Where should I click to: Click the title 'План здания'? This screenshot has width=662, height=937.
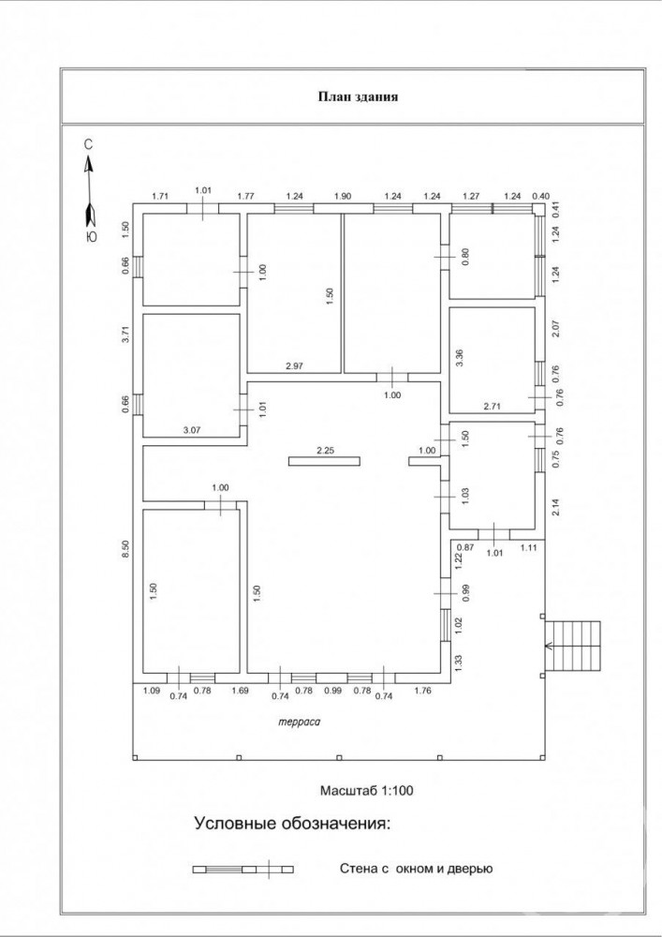[358, 97]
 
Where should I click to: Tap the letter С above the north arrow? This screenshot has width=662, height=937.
[88, 144]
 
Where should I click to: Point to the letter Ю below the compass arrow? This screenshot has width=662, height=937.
[91, 237]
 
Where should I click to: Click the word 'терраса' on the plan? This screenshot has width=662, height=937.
[300, 721]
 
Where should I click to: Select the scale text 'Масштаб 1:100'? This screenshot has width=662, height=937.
[366, 791]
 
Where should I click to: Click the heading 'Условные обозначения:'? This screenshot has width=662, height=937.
[292, 824]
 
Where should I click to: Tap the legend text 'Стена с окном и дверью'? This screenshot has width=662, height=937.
[416, 869]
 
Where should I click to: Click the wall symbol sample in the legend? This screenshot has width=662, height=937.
[243, 869]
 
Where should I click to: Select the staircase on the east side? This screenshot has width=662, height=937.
[572, 646]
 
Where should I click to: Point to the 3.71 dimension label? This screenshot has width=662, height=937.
[125, 335]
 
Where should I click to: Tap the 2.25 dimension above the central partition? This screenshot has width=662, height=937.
[325, 451]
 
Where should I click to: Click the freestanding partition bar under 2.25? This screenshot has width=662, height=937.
[324, 461]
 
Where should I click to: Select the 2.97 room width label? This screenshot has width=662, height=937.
[295, 366]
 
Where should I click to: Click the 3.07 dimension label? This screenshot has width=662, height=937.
[190, 429]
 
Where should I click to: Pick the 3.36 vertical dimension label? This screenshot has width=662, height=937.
[460, 357]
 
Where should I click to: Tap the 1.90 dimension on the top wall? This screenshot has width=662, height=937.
[343, 196]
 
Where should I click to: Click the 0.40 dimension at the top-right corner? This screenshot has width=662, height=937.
[541, 196]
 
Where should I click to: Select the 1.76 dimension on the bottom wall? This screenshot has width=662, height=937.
[422, 691]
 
